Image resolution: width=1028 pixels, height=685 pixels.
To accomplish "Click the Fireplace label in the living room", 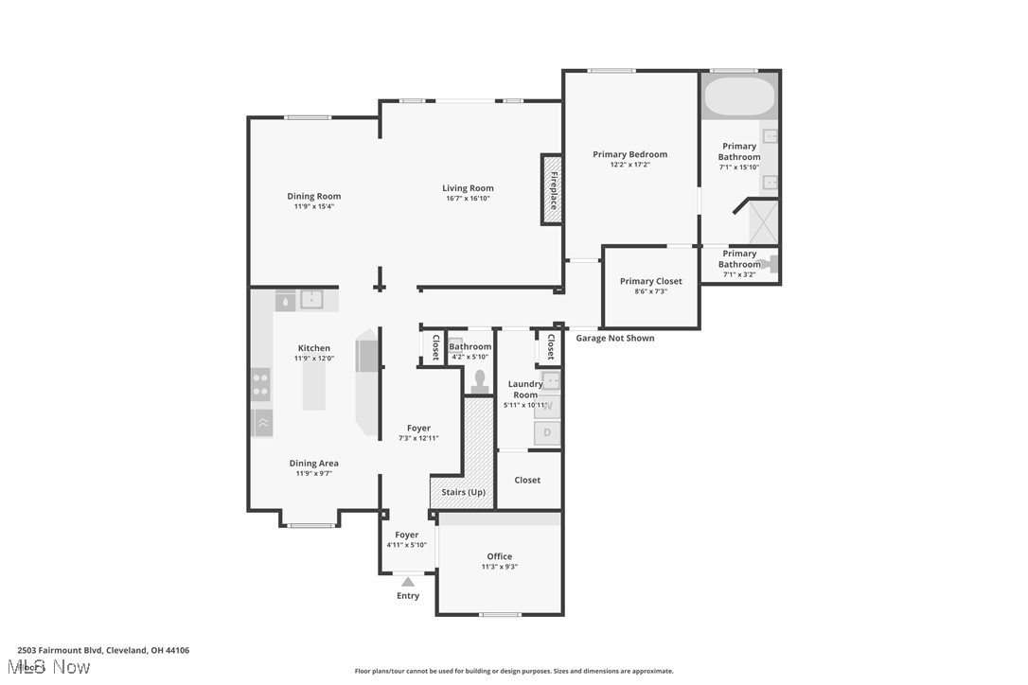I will (554, 190).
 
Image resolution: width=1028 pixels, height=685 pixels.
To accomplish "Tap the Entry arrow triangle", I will (408, 582).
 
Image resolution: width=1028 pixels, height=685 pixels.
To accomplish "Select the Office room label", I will (499, 556).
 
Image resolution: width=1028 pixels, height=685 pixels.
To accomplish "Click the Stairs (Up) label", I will (463, 492).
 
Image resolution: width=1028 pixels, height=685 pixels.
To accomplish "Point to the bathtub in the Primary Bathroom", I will (739, 97).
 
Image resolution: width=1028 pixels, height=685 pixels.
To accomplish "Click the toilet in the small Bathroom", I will (480, 381).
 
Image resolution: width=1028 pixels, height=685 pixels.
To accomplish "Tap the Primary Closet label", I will (650, 281).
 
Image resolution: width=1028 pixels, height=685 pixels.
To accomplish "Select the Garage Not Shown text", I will (614, 338).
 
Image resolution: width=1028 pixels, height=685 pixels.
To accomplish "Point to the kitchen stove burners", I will (260, 384).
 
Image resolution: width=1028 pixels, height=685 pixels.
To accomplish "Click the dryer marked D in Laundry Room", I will (547, 433).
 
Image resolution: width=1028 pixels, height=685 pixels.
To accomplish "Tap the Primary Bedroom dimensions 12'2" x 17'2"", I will (629, 165).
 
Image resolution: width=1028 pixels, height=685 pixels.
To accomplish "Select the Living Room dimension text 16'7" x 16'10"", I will (468, 199).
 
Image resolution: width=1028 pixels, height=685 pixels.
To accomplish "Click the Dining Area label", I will (313, 463).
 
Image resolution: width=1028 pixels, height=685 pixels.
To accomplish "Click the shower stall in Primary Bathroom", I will (763, 222).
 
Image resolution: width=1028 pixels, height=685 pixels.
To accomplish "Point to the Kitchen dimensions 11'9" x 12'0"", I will (313, 359).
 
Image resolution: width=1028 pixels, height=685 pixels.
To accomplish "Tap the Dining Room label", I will (313, 196).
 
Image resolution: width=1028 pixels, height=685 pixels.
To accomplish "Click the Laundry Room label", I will (525, 389).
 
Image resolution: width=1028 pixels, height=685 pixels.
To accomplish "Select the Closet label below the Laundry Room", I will (527, 480).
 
